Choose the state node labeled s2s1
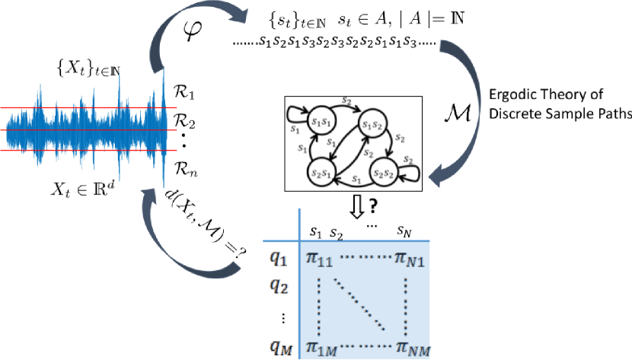319,171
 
